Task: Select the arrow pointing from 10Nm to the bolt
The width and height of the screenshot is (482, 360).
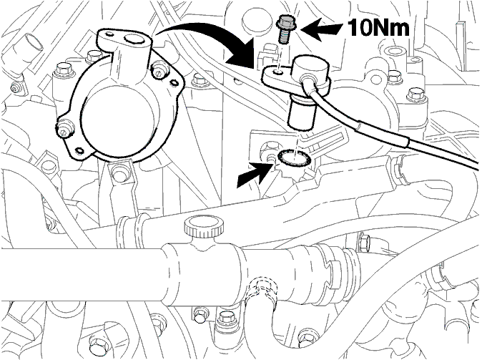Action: click(x=321, y=30)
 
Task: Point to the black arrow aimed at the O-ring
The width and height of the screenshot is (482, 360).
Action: click(x=255, y=175)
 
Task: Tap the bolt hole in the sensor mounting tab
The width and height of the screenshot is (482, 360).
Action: click(x=278, y=73)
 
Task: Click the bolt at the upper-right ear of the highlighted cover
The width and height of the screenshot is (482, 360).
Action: click(x=159, y=71)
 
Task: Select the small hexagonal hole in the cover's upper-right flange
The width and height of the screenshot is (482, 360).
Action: click(x=174, y=82)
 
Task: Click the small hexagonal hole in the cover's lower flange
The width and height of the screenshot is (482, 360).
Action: click(x=80, y=151)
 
